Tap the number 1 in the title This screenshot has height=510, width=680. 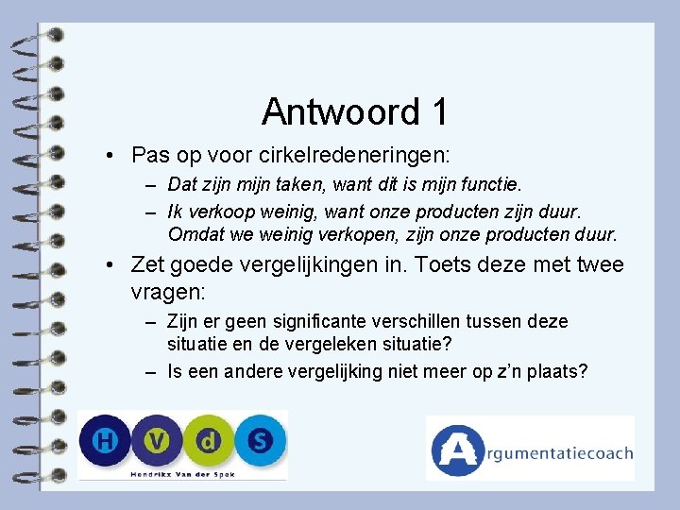[437, 112]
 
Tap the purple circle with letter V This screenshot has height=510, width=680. [155, 441]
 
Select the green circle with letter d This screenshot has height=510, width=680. [208, 441]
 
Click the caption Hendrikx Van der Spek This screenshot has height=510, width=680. [182, 472]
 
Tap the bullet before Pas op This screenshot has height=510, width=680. [111, 154]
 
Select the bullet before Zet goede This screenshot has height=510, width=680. [111, 266]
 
